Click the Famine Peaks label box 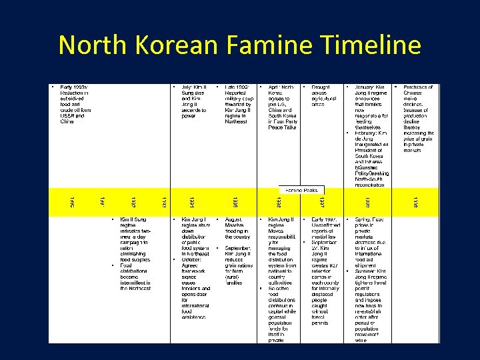click(301, 191)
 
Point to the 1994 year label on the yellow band click(191, 201)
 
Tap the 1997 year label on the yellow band click(322, 201)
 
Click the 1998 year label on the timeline click(366, 201)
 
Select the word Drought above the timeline click(320, 87)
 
